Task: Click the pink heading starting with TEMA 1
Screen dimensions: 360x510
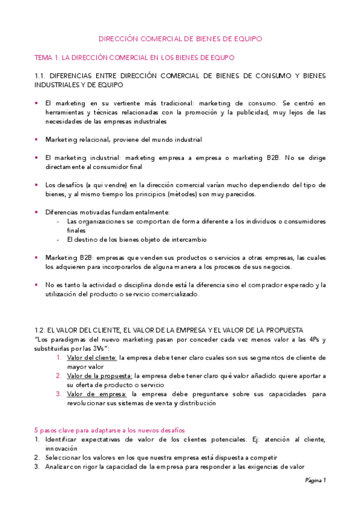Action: pyautogui.click(x=134, y=57)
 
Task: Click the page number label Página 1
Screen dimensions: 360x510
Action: pyautogui.click(x=315, y=481)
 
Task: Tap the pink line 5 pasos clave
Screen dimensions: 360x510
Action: pyautogui.click(x=109, y=430)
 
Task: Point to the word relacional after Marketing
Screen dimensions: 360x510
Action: pyautogui.click(x=93, y=140)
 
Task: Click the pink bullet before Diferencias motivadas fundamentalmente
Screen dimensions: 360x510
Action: pyautogui.click(x=37, y=212)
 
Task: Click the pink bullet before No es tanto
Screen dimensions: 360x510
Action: pyautogui.click(x=37, y=284)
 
